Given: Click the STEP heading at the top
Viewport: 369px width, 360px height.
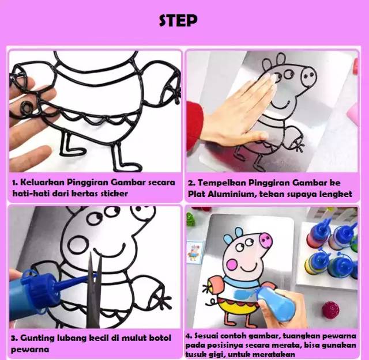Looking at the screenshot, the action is pos(178,21).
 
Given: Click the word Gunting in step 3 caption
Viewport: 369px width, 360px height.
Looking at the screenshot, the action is pos(37,338).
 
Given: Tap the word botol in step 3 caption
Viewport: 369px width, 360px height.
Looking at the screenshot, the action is pos(160,338).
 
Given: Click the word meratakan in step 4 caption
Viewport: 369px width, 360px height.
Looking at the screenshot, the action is pos(273,354).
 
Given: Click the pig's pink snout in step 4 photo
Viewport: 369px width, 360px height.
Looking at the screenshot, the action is pos(265,240).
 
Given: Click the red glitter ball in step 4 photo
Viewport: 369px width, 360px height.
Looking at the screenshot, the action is pos(330,310).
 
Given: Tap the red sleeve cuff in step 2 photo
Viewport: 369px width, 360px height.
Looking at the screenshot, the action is pos(195,122).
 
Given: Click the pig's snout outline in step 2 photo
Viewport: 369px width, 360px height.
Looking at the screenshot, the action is pos(309,75).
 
